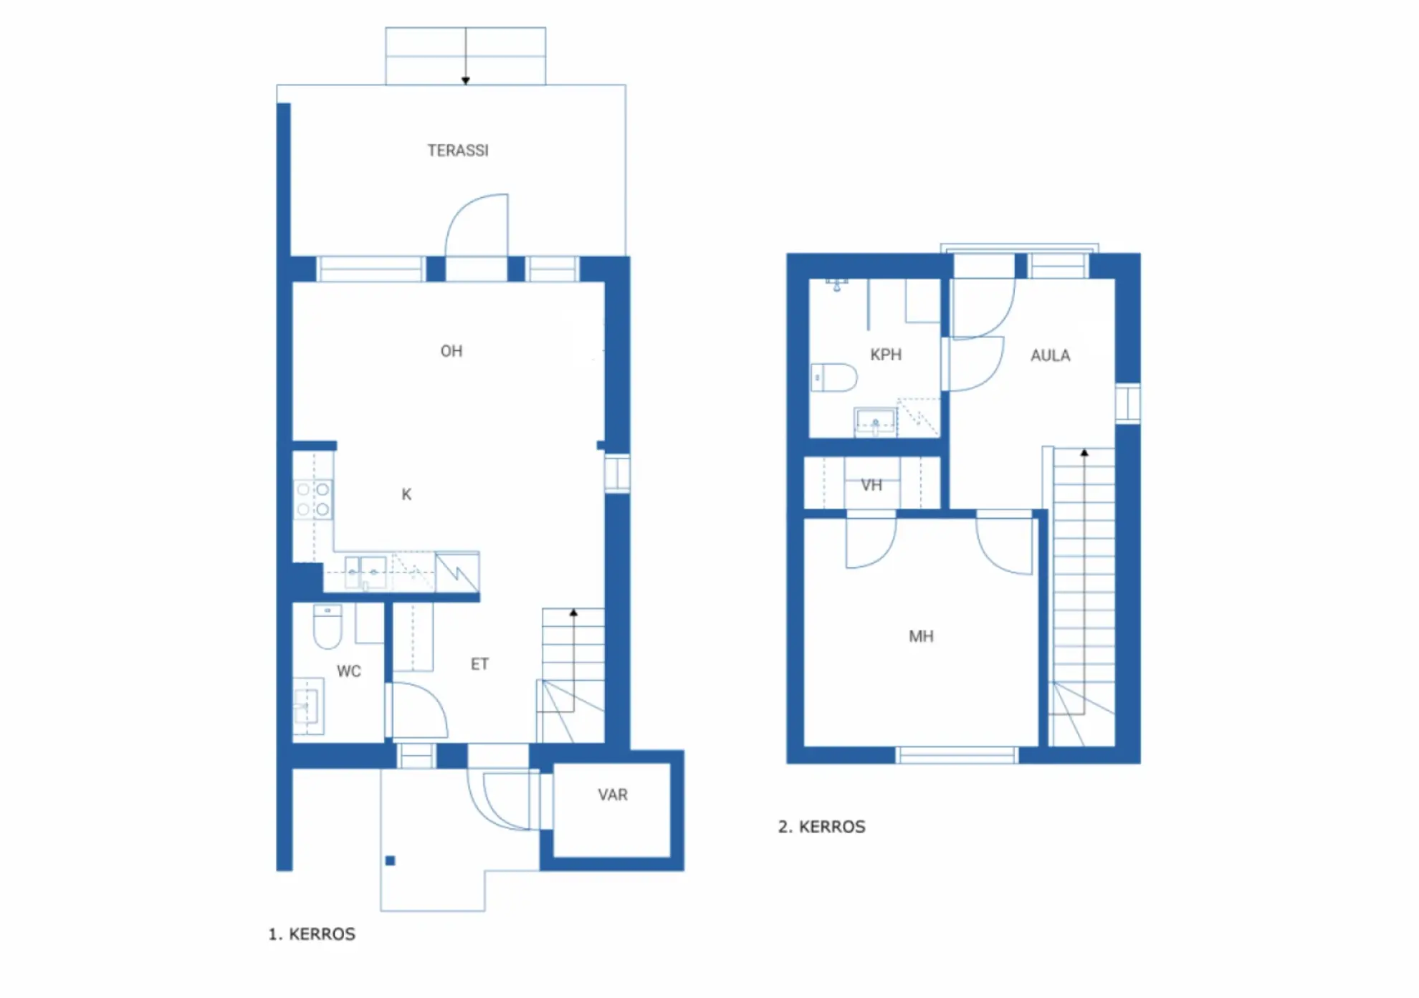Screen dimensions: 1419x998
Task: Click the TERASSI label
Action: coord(458,150)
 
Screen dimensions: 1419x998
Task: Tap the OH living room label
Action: coord(451,351)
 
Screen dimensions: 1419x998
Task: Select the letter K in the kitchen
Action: coord(406,494)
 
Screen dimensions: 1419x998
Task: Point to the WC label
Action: coord(349,671)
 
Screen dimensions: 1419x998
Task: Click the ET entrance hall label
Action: coord(479,664)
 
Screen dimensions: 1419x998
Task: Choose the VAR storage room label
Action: coord(613,795)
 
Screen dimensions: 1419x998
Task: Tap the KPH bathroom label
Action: coord(886,355)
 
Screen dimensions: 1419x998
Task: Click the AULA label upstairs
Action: coord(1051,355)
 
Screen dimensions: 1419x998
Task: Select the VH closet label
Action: coord(871,485)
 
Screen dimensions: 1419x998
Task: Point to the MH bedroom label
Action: coord(922,636)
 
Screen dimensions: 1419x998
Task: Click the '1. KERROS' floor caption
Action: coord(312,934)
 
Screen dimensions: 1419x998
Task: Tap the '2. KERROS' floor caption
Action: coord(822,827)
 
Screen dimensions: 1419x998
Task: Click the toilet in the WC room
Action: coord(328,626)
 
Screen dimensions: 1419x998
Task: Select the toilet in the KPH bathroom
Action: coord(834,378)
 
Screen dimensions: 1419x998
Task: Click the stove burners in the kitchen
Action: coord(314,499)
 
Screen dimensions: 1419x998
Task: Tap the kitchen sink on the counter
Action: coord(365,573)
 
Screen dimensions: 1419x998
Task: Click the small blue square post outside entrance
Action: coord(391,860)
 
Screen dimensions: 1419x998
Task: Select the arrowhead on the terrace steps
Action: coord(466,81)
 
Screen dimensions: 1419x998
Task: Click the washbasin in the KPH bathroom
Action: coord(875,421)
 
